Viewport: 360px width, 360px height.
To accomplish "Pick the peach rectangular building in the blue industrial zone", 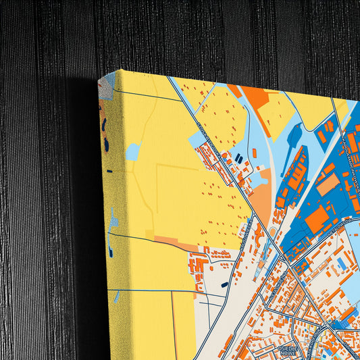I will coord(328,184).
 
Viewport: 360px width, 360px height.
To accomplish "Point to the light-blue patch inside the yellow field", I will coord(132,152).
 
